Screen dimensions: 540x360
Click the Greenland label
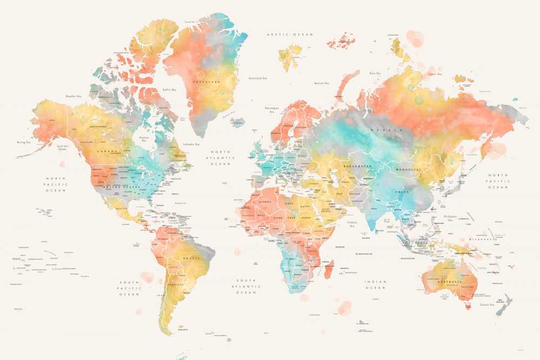[207, 81]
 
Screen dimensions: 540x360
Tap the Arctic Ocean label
[289, 35]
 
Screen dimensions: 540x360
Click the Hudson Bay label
[144, 139]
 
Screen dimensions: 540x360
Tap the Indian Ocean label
[375, 284]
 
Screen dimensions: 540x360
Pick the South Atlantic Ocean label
[246, 286]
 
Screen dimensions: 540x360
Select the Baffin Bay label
[170, 90]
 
